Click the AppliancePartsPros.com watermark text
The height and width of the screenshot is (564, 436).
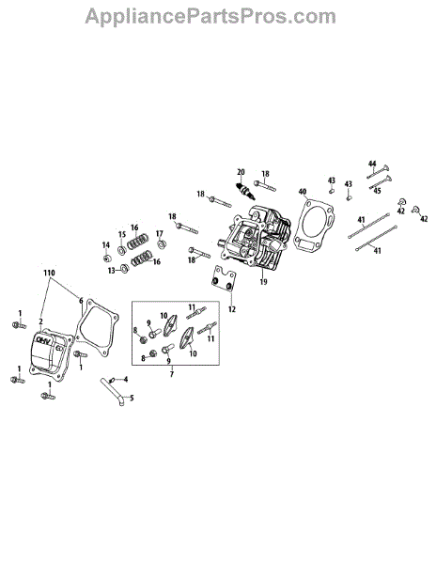click(210, 16)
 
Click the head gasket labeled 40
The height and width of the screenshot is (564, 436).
click(314, 225)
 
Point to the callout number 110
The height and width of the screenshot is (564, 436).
click(49, 273)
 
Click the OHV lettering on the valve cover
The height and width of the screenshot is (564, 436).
click(43, 340)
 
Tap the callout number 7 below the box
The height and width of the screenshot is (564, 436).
click(172, 374)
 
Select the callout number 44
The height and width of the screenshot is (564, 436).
click(372, 164)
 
